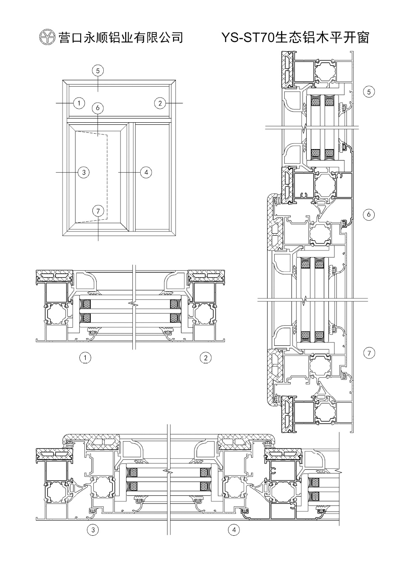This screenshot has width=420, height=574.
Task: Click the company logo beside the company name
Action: tap(47, 37)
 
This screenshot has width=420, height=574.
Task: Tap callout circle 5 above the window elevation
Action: tap(98, 71)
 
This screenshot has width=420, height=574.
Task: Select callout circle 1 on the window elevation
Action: tap(79, 103)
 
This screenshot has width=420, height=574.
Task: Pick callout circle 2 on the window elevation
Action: tap(160, 103)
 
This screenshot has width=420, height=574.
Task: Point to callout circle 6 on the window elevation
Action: tap(97, 108)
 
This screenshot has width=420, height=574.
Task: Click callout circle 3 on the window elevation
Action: tap(84, 172)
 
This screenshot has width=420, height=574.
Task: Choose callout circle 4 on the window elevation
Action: tap(146, 172)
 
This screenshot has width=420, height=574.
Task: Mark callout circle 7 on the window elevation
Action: tap(98, 211)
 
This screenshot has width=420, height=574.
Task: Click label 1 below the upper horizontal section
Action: tap(85, 358)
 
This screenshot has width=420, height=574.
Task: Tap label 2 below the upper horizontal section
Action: tap(206, 358)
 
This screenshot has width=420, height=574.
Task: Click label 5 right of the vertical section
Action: tap(369, 92)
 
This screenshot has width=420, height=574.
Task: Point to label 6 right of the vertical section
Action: tap(369, 214)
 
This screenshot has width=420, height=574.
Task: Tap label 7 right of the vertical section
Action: tap(369, 353)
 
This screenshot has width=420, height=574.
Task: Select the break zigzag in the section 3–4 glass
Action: tap(168, 471)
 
